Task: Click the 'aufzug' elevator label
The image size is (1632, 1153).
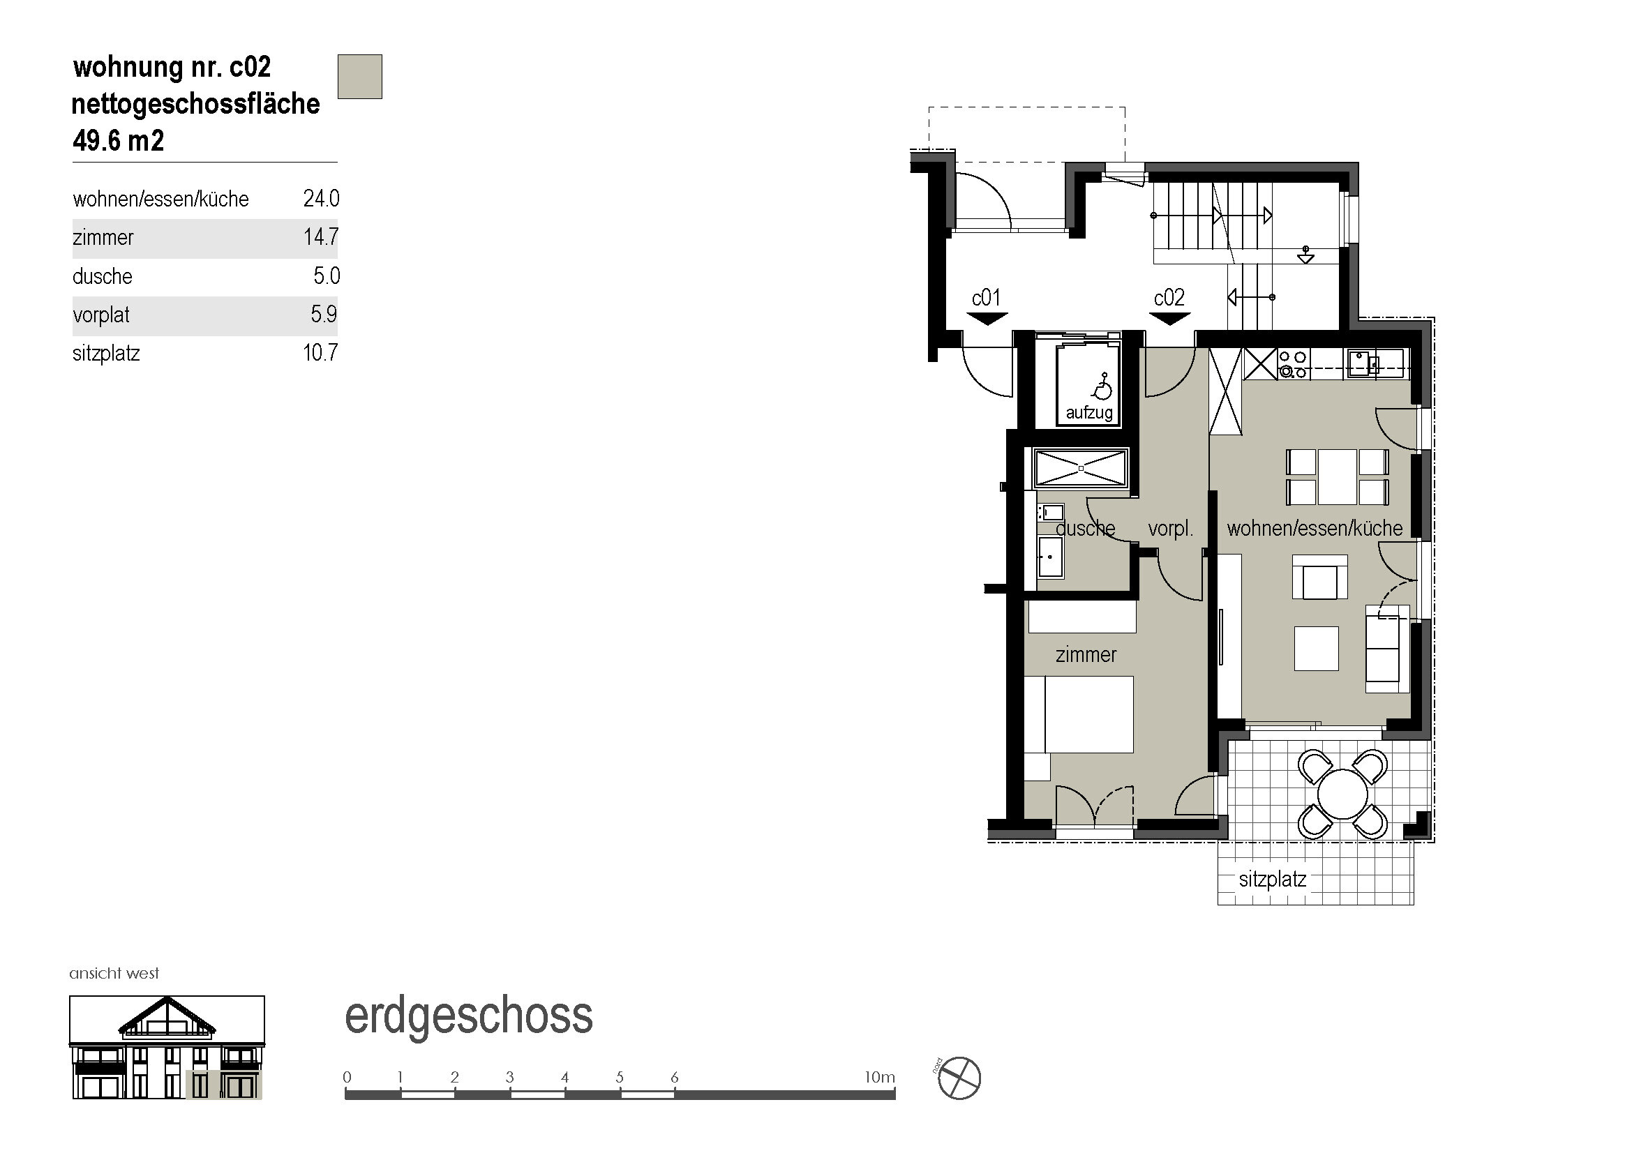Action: [x=1089, y=413]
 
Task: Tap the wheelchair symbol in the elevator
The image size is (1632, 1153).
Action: [x=1102, y=387]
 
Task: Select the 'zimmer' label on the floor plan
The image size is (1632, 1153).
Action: [x=1086, y=654]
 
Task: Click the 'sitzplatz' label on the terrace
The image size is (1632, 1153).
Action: [x=1273, y=880]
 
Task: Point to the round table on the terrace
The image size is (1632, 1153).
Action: [x=1342, y=794]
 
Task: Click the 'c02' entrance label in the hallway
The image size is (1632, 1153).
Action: [x=1169, y=298]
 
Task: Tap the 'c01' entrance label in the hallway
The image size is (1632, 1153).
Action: [x=987, y=298]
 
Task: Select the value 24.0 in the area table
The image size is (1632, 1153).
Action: [x=321, y=198]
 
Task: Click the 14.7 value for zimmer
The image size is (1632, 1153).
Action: [x=321, y=236]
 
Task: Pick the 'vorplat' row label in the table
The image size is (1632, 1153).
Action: [x=101, y=315]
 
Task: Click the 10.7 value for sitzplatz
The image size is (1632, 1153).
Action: [x=320, y=352]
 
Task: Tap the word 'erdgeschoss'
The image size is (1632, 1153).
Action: [x=468, y=1016]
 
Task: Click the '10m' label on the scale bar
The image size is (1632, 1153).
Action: [x=879, y=1077]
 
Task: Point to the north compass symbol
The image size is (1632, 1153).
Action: [x=959, y=1078]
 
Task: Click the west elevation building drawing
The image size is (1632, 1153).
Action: [x=167, y=1047]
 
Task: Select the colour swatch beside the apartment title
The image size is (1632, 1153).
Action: [x=359, y=77]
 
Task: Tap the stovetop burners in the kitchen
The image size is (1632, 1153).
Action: [x=1292, y=363]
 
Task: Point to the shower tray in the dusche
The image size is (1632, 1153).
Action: [x=1080, y=468]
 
